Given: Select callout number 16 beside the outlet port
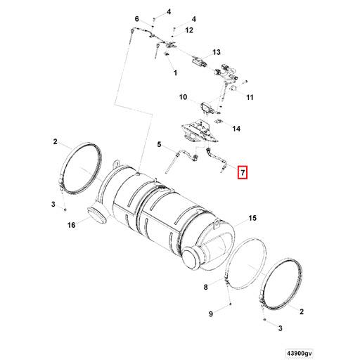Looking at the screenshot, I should click(x=71, y=226).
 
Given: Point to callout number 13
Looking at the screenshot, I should click(x=217, y=53).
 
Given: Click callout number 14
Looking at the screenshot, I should click(x=236, y=129).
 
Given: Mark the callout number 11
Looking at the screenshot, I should click(x=249, y=98).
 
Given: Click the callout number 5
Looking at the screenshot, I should click(x=160, y=145).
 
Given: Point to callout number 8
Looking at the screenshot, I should click(x=206, y=287).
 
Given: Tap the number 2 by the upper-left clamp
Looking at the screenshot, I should click(x=55, y=141).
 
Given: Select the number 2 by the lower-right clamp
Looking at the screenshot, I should click(x=301, y=310).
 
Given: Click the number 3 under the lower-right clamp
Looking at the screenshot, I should click(x=279, y=328).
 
